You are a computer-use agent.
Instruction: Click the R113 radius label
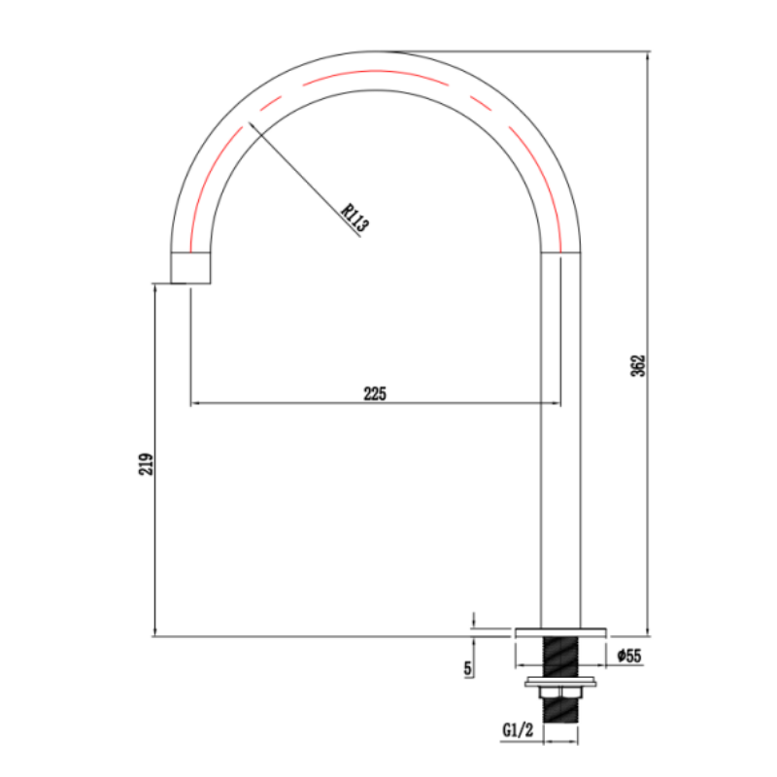pos(355,218)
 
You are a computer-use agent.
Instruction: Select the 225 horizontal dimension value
pos(375,394)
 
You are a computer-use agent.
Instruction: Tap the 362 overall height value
pos(638,366)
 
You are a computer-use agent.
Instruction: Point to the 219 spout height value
pos(146,464)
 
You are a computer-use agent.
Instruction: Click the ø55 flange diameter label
pos(628,656)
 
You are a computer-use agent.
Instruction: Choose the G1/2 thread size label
pos(518,729)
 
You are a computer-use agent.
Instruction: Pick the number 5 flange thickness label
pos(468,668)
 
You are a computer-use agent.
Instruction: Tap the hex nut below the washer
pos(561,693)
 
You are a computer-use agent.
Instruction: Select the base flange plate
pos(561,633)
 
